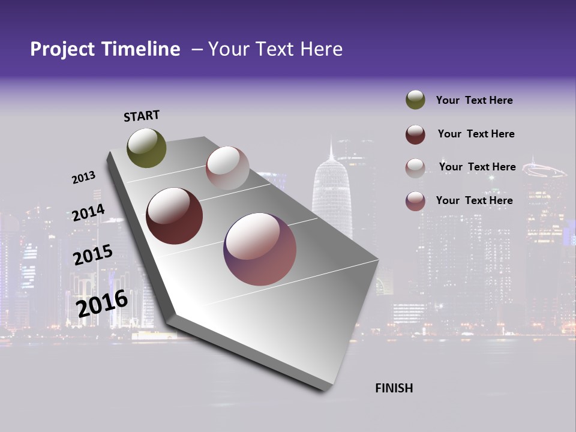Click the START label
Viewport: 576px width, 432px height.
tap(142, 116)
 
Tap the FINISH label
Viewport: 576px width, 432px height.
tap(394, 388)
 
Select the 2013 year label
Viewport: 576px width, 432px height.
tap(84, 178)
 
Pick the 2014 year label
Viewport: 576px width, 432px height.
tap(88, 213)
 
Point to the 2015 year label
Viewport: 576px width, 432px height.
tap(93, 256)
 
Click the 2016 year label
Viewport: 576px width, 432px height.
tap(103, 304)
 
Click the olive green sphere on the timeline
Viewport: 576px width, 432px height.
tap(147, 148)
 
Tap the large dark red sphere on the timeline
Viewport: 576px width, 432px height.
tap(174, 216)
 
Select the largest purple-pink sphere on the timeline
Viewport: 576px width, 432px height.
tap(260, 249)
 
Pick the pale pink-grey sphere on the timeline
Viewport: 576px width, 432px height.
tap(227, 168)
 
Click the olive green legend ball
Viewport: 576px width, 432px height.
tap(415, 100)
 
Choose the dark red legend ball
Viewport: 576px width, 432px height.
tap(415, 134)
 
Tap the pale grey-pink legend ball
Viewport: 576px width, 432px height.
tap(415, 167)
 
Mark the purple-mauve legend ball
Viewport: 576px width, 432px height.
tap(415, 201)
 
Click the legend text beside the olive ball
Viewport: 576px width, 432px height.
tap(474, 100)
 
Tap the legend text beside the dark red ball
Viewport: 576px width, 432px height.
tap(476, 134)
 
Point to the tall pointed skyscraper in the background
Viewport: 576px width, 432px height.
tap(331, 192)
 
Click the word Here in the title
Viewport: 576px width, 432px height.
tap(322, 49)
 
